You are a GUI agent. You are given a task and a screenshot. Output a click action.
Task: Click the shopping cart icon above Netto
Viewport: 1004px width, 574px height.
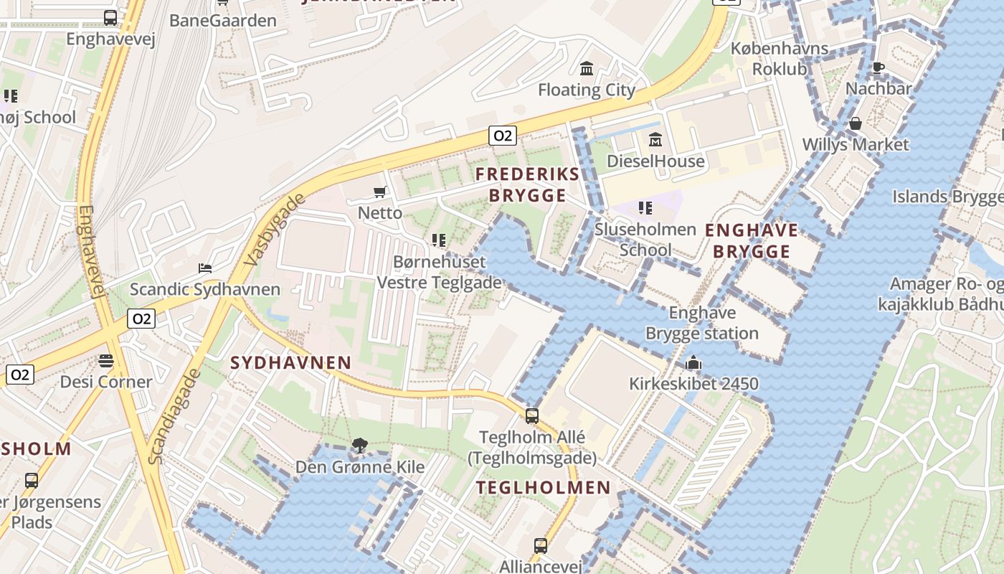pyautogui.click(x=379, y=192)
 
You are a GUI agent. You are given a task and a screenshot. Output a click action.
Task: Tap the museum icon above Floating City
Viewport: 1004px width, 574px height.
pyautogui.click(x=587, y=69)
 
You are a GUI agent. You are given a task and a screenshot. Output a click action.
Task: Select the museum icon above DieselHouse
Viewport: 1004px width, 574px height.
pyautogui.click(x=655, y=140)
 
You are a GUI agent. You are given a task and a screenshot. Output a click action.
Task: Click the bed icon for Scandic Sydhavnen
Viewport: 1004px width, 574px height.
pyautogui.click(x=205, y=268)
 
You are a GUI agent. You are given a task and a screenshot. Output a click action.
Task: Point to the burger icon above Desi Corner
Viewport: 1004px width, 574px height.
pyautogui.click(x=106, y=360)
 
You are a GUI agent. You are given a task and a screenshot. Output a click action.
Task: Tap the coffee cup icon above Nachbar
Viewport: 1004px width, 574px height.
pyautogui.click(x=878, y=68)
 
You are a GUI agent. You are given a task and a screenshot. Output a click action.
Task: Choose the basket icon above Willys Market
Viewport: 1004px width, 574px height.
pyautogui.click(x=855, y=123)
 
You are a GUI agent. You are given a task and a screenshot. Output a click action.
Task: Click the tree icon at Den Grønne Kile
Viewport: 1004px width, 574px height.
pyautogui.click(x=360, y=446)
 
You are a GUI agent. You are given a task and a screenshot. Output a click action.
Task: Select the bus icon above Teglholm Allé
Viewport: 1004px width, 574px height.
pyautogui.click(x=531, y=415)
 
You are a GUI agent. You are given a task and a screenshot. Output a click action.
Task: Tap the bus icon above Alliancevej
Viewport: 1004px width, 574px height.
pyautogui.click(x=541, y=546)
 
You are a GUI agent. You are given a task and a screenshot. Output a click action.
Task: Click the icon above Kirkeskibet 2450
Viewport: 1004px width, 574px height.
pyautogui.click(x=693, y=363)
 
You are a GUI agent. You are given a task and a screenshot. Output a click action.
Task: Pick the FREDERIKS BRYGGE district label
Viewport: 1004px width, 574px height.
pyautogui.click(x=527, y=184)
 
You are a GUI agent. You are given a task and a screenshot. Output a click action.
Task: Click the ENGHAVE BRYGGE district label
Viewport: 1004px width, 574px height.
pyautogui.click(x=752, y=240)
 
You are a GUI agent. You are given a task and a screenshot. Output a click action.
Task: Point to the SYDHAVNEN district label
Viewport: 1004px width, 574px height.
pyautogui.click(x=290, y=363)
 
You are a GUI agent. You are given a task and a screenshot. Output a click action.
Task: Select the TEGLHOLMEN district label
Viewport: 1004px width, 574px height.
pyautogui.click(x=544, y=488)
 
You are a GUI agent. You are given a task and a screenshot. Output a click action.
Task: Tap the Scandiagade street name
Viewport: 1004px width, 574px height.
pyautogui.click(x=172, y=416)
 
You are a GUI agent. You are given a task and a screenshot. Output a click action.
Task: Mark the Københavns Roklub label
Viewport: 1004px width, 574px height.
pyautogui.click(x=780, y=60)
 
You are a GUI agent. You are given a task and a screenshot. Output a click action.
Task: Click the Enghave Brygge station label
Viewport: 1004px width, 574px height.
pyautogui.click(x=702, y=323)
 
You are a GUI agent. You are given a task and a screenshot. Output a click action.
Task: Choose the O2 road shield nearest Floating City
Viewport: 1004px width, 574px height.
pyautogui.click(x=503, y=135)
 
